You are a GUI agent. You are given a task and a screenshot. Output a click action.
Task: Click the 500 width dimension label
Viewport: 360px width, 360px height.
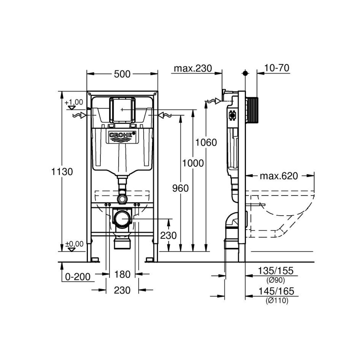click(x=122, y=74)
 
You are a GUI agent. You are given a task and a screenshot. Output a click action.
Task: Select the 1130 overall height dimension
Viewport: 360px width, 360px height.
click(x=62, y=172)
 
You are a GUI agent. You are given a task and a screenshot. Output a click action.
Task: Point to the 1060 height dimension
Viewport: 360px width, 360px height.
click(x=206, y=142)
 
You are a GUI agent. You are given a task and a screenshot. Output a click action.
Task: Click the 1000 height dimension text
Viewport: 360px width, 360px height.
click(x=193, y=163)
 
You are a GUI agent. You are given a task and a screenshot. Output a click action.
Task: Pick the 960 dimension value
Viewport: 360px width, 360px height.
click(x=180, y=188)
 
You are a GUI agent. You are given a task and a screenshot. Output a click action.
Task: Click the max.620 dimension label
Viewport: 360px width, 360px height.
click(x=279, y=176)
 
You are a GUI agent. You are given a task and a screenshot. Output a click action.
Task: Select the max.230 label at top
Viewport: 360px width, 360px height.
click(x=193, y=68)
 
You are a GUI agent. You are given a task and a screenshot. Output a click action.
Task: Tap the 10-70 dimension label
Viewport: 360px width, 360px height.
click(x=277, y=68)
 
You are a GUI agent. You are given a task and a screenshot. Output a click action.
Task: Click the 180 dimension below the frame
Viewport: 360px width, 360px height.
click(x=122, y=274)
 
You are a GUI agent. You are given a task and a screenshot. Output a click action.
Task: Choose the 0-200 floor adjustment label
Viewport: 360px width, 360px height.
click(x=78, y=277)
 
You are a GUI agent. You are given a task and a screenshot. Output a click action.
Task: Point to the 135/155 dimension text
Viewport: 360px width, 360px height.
click(x=276, y=271)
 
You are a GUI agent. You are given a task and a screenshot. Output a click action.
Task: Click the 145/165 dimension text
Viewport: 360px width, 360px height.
click(x=276, y=291)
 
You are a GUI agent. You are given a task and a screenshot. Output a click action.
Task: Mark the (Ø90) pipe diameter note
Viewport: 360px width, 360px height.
click(x=275, y=280)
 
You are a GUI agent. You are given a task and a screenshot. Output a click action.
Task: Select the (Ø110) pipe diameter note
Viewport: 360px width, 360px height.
click(x=277, y=301)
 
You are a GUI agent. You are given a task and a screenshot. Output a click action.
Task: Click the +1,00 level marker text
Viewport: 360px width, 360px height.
click(x=74, y=102)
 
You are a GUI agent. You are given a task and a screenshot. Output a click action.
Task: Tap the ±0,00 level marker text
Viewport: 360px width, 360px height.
click(x=74, y=244)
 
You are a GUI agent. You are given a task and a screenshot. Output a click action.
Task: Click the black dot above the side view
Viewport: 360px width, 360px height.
click(x=245, y=73)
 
